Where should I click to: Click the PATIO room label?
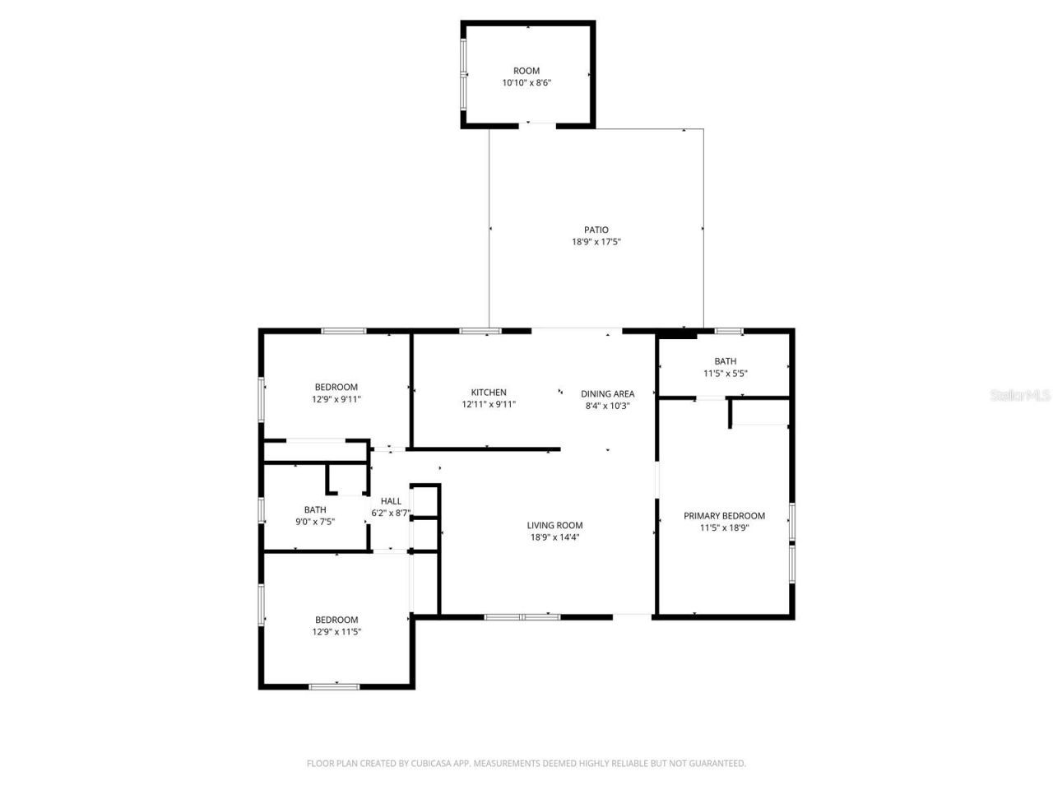[x=596, y=230]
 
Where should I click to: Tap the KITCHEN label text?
[x=489, y=393]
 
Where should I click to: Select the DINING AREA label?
[x=607, y=393]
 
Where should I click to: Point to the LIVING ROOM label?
[x=554, y=525]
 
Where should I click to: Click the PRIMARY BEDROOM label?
[x=724, y=516]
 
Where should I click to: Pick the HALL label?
[x=391, y=501]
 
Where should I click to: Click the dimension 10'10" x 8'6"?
[x=526, y=82]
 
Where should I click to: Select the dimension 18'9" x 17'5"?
[x=596, y=242]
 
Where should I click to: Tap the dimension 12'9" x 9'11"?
[x=336, y=399]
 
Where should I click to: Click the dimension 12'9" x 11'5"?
[x=336, y=632]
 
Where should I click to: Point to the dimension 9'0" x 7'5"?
[x=315, y=522]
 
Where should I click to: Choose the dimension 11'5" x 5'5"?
[x=725, y=373]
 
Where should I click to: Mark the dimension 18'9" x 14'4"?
[x=554, y=537]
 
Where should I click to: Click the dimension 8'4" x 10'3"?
[x=607, y=405]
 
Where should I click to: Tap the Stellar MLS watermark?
[x=1020, y=395]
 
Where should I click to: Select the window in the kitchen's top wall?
[x=480, y=331]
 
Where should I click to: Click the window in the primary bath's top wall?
[x=728, y=331]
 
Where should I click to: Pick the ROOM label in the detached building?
[x=526, y=71]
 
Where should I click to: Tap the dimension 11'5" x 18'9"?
[x=724, y=528]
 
